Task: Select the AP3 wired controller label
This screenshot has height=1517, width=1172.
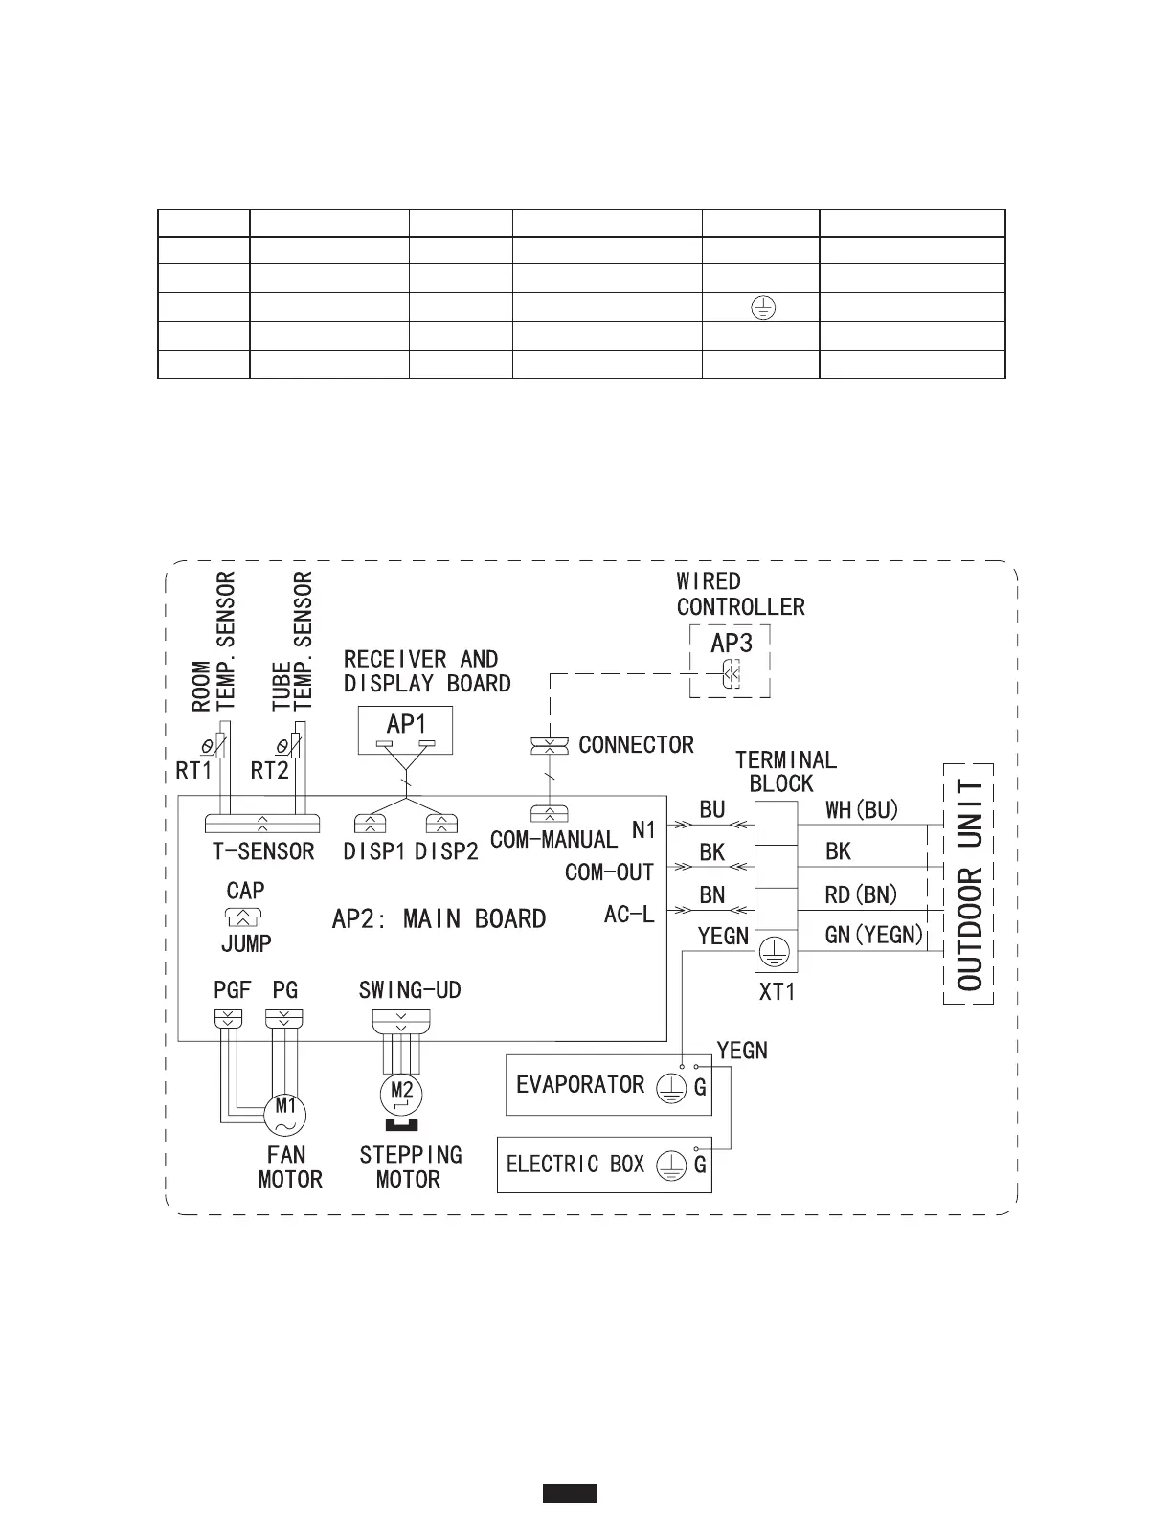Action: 731,644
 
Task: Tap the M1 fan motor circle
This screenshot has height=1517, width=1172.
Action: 285,1111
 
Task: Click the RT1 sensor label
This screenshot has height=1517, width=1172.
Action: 193,770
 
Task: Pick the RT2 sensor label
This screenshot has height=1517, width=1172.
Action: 270,770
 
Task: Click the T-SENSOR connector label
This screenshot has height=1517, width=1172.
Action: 263,851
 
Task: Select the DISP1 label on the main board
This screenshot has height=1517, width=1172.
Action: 374,851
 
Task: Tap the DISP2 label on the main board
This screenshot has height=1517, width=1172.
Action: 446,851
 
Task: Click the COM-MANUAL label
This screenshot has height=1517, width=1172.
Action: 553,840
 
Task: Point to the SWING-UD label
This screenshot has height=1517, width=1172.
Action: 410,990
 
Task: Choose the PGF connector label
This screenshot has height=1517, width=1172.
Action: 232,990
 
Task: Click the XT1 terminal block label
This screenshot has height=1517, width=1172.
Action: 777,992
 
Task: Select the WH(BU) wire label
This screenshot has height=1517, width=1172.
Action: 862,810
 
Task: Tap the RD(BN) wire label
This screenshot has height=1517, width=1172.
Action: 861,895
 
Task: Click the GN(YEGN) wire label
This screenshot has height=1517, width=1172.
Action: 873,935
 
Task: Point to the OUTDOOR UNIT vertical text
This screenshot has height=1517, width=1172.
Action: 969,884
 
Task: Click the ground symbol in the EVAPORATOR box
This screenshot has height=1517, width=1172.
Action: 672,1086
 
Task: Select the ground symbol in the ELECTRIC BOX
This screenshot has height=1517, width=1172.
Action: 672,1165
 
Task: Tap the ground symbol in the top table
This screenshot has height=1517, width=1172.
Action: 763,308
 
